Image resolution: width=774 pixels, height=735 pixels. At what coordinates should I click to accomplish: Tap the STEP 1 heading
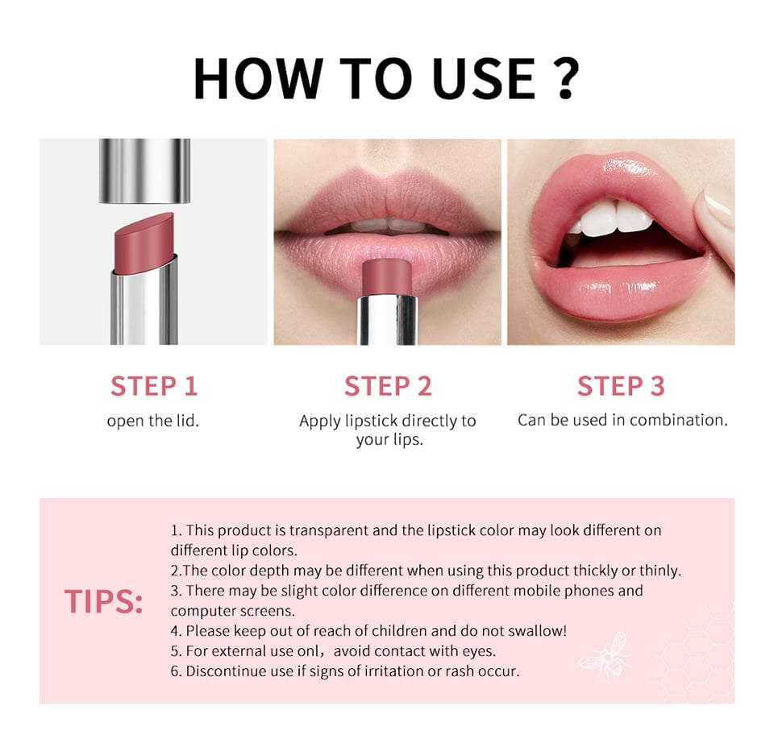coord(154,386)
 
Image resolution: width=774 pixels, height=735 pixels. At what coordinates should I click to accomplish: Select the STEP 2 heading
coord(388,386)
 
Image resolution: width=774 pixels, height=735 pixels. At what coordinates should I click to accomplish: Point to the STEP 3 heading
coord(621,386)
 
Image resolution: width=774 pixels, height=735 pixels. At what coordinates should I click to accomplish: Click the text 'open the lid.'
coord(153,421)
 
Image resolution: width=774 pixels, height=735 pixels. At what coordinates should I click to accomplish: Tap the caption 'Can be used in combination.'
coord(622,420)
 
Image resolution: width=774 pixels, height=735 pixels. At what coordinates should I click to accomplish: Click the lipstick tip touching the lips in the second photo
coord(389,276)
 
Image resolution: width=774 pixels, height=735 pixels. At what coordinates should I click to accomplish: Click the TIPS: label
coord(104,602)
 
